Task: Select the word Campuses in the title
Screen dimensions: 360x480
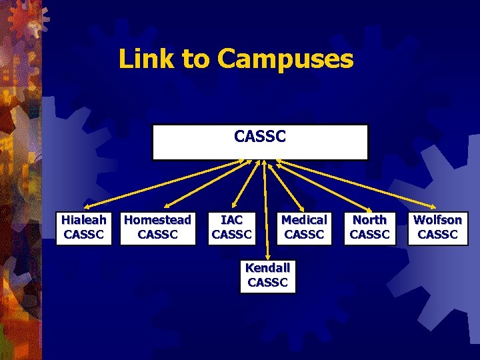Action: [x=285, y=60]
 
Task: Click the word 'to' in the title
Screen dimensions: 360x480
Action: [x=195, y=60]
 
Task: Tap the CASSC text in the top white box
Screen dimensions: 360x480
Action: [x=260, y=137]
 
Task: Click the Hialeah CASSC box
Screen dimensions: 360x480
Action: [x=84, y=227]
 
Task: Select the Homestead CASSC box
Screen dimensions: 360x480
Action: [x=158, y=227]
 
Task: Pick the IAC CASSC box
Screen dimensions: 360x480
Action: [x=231, y=227]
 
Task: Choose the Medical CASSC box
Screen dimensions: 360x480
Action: [x=304, y=227]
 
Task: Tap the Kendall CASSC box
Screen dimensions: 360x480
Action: [x=268, y=275]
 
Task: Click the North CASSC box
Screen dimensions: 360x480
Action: [x=369, y=227]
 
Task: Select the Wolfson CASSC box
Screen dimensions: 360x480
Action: [x=437, y=227]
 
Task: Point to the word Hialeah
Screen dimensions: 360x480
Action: [x=84, y=220]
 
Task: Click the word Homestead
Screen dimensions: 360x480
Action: [x=158, y=220]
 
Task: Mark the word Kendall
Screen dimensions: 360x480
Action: [x=268, y=268]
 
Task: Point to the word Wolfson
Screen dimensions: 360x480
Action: [x=437, y=220]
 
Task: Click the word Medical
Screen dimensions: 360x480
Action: [x=304, y=220]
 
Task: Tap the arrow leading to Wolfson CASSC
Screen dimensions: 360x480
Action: [x=360, y=183]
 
